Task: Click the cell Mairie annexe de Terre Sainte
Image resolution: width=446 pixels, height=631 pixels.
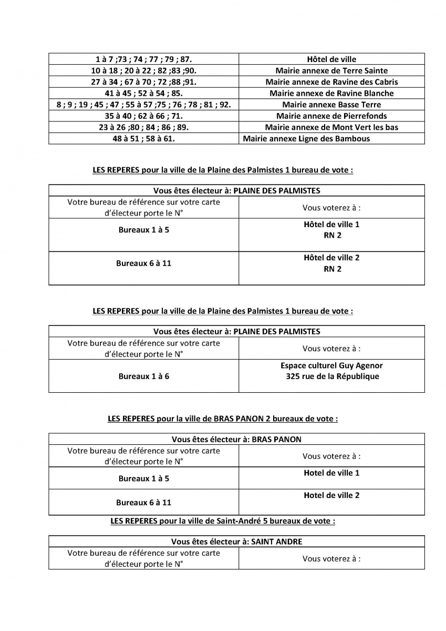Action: coord(331,70)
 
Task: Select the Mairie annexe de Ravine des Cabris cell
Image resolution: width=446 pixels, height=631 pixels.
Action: coord(331,82)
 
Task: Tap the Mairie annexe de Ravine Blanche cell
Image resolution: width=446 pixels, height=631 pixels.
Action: coord(331,93)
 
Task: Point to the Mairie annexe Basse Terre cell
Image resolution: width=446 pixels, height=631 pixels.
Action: coord(331,105)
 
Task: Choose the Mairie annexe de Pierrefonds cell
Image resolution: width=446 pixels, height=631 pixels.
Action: coord(331,116)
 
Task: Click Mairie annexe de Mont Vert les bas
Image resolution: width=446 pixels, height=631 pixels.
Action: coord(331,127)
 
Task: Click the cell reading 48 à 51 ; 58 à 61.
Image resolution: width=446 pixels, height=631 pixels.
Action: coord(143,139)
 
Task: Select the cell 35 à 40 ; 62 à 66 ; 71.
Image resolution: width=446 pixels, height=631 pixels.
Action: coord(143,116)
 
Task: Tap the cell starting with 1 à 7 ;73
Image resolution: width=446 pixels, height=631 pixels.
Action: coord(143,59)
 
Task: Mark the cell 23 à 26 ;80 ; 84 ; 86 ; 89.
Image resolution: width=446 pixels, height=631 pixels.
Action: coord(143,127)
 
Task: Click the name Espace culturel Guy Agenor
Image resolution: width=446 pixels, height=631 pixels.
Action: coord(331,365)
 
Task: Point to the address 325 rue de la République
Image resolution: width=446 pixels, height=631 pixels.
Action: coord(331,376)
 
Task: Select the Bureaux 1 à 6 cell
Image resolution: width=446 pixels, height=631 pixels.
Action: coord(143,376)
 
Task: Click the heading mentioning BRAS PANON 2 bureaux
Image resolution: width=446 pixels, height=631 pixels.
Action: coord(223,419)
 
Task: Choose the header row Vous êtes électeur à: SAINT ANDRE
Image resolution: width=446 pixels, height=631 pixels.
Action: coord(236,542)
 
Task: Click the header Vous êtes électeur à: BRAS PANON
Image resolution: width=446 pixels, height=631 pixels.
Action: coord(236,440)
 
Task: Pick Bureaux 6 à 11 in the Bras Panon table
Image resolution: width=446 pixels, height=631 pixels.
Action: coord(143,502)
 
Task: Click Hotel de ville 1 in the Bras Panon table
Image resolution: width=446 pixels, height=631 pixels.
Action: coord(331,473)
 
